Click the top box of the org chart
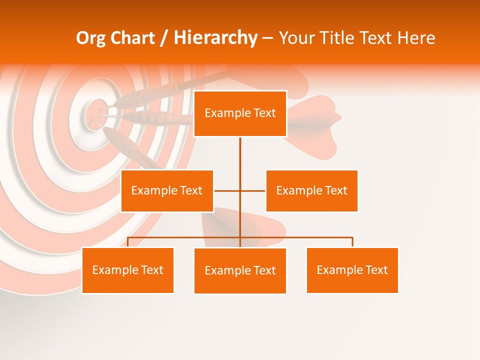240,113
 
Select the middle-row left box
167,190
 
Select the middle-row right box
311,190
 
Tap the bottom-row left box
127,270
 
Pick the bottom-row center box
240,270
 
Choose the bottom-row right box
352,270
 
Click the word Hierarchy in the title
215,38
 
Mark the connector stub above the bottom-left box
127,242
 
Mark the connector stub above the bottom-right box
352,242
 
